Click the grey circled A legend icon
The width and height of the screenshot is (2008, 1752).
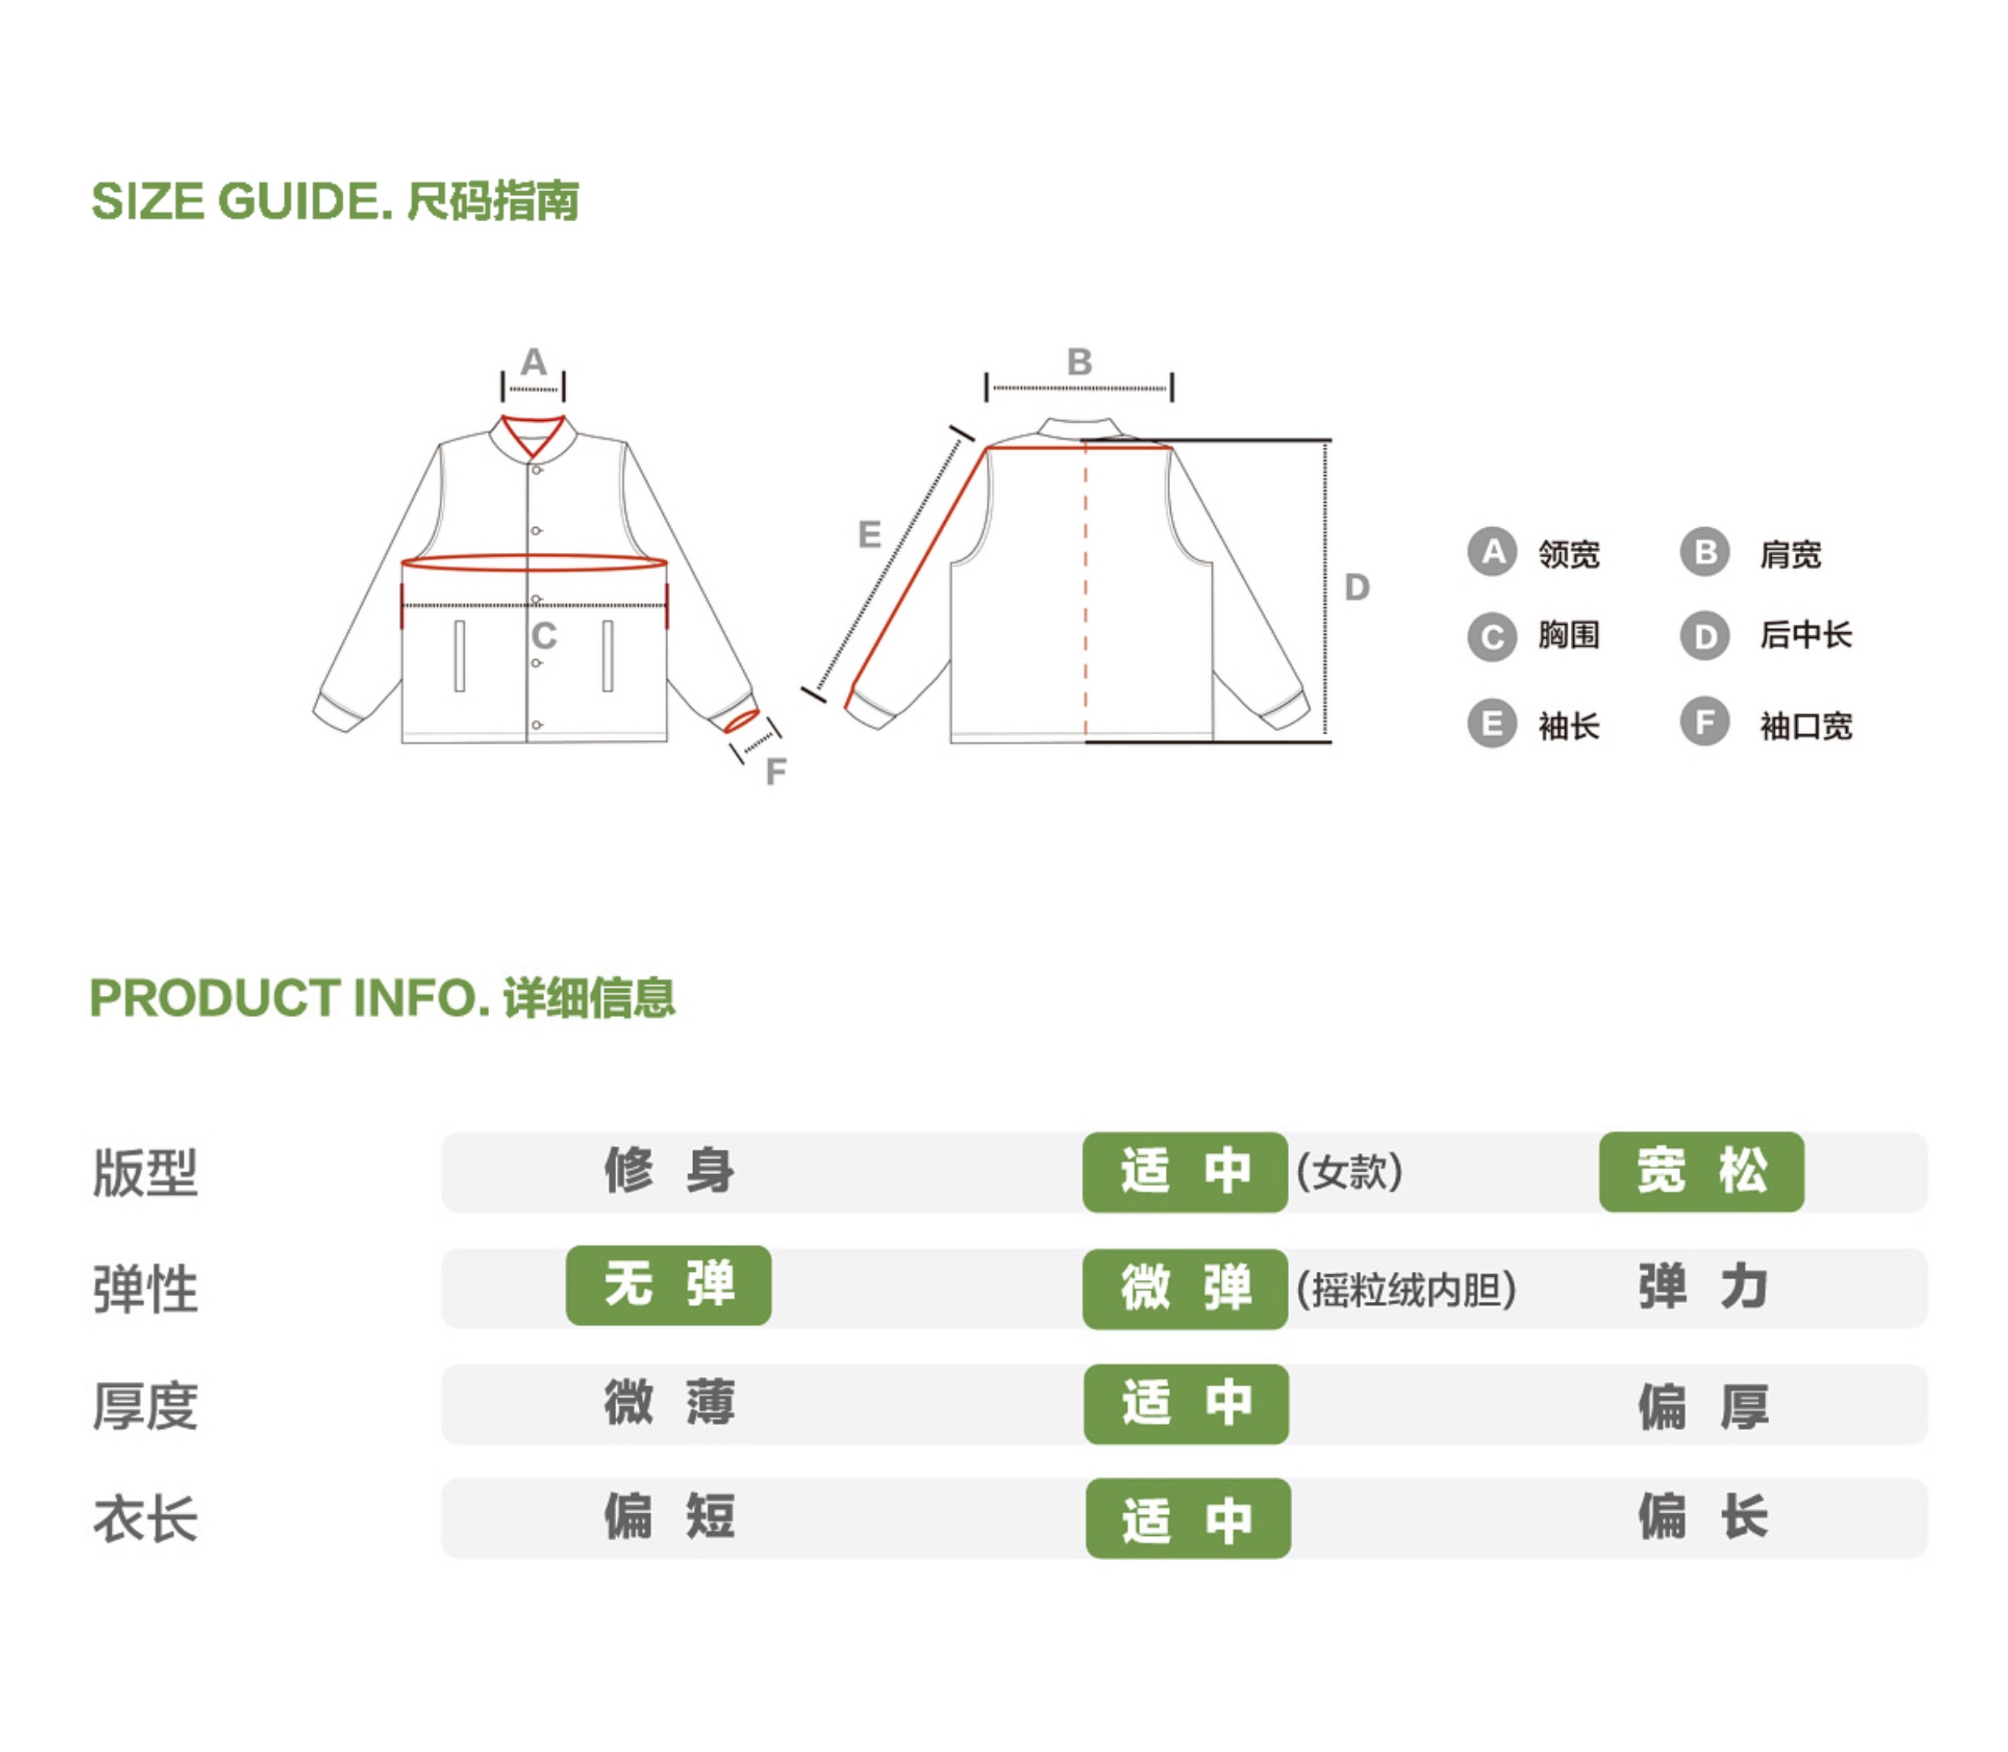(1491, 552)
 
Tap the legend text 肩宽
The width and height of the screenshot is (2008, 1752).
(1790, 555)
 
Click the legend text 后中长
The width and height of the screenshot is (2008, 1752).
(1806, 636)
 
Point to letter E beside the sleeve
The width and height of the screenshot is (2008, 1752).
(869, 535)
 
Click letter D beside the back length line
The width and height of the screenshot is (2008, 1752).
(1357, 587)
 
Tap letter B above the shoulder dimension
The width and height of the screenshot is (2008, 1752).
(1079, 362)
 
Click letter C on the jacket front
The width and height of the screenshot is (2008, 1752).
(543, 636)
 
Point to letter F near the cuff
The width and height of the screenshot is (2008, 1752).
(775, 772)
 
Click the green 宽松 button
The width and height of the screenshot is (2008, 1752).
(1701, 1172)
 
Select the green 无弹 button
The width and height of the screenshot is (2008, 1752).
(668, 1285)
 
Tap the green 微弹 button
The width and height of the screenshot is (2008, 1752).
(1185, 1289)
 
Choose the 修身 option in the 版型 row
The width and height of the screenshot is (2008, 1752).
(669, 1172)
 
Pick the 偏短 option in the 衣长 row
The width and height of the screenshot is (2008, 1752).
(669, 1517)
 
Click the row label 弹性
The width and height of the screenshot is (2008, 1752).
(146, 1289)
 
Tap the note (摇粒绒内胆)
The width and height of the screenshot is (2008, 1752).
(1406, 1290)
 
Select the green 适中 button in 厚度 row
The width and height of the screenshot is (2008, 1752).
(1186, 1404)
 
